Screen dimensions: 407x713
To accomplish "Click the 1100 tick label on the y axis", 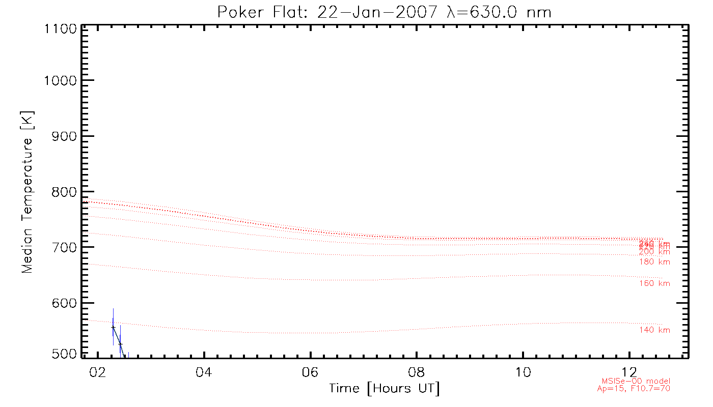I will pyautogui.click(x=60, y=29).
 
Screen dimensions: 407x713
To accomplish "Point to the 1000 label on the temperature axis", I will pyautogui.click(x=60, y=80).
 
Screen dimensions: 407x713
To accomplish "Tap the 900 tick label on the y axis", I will pyautogui.click(x=63, y=136).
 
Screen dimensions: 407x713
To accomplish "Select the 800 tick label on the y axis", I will pyautogui.click(x=63, y=192).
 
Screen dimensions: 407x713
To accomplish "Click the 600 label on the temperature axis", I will pyautogui.click(x=63, y=303).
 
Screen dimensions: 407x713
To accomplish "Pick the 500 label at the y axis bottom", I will pyautogui.click(x=63, y=354).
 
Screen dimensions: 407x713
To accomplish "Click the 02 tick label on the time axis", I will pyautogui.click(x=97, y=372).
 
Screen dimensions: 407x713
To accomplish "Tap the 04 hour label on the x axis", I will pyautogui.click(x=203, y=372).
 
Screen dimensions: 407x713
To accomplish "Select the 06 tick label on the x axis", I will pyautogui.click(x=310, y=372).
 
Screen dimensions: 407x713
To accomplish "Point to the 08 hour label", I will pyautogui.click(x=416, y=372).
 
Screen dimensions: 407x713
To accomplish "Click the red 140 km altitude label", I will pyautogui.click(x=654, y=330).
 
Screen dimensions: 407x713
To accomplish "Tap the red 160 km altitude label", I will pyautogui.click(x=654, y=283).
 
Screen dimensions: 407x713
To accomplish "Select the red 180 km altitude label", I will pyautogui.click(x=654, y=262).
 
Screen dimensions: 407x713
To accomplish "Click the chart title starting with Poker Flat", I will pyautogui.click(x=385, y=12).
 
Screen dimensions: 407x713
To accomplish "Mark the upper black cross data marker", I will pyautogui.click(x=113, y=327).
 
